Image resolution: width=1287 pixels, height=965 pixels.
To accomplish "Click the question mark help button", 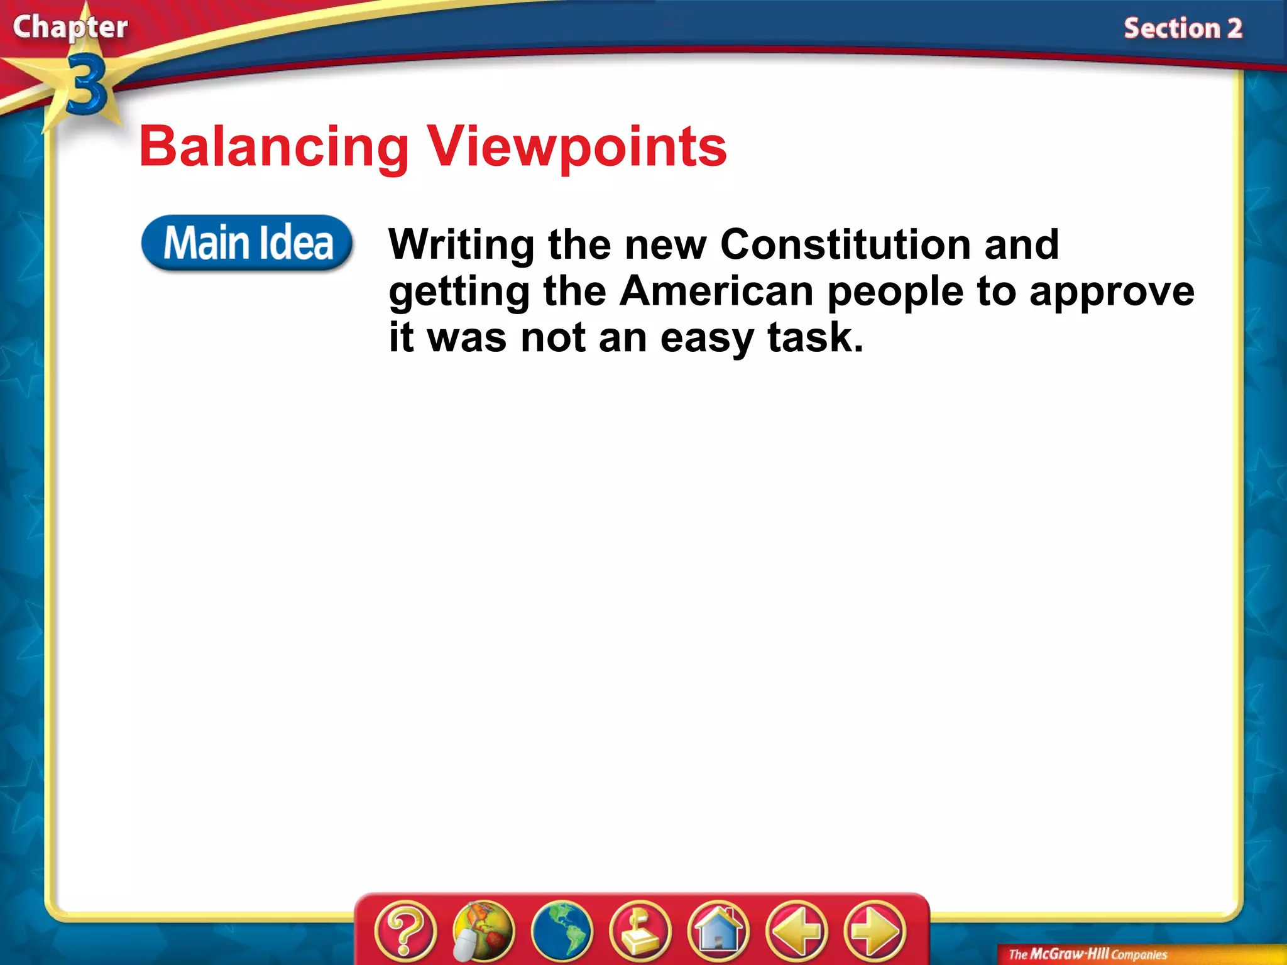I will (405, 930).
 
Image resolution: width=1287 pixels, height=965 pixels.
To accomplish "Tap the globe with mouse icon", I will (483, 930).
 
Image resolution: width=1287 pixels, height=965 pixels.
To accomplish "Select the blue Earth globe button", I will (562, 930).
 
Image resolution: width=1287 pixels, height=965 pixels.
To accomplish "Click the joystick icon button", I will (640, 930).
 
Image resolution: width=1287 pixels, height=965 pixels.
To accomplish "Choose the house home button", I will (718, 930).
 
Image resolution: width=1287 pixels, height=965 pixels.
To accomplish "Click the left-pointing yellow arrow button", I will (796, 930).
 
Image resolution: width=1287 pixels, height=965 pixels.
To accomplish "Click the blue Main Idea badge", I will (247, 243).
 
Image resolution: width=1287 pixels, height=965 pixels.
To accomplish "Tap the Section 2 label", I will (1183, 29).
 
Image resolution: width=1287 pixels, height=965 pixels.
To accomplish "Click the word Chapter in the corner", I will (70, 28).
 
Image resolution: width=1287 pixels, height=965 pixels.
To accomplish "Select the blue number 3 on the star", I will (86, 85).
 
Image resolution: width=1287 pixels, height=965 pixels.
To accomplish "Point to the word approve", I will (1111, 292).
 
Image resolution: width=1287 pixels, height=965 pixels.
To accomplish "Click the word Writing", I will (461, 245).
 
